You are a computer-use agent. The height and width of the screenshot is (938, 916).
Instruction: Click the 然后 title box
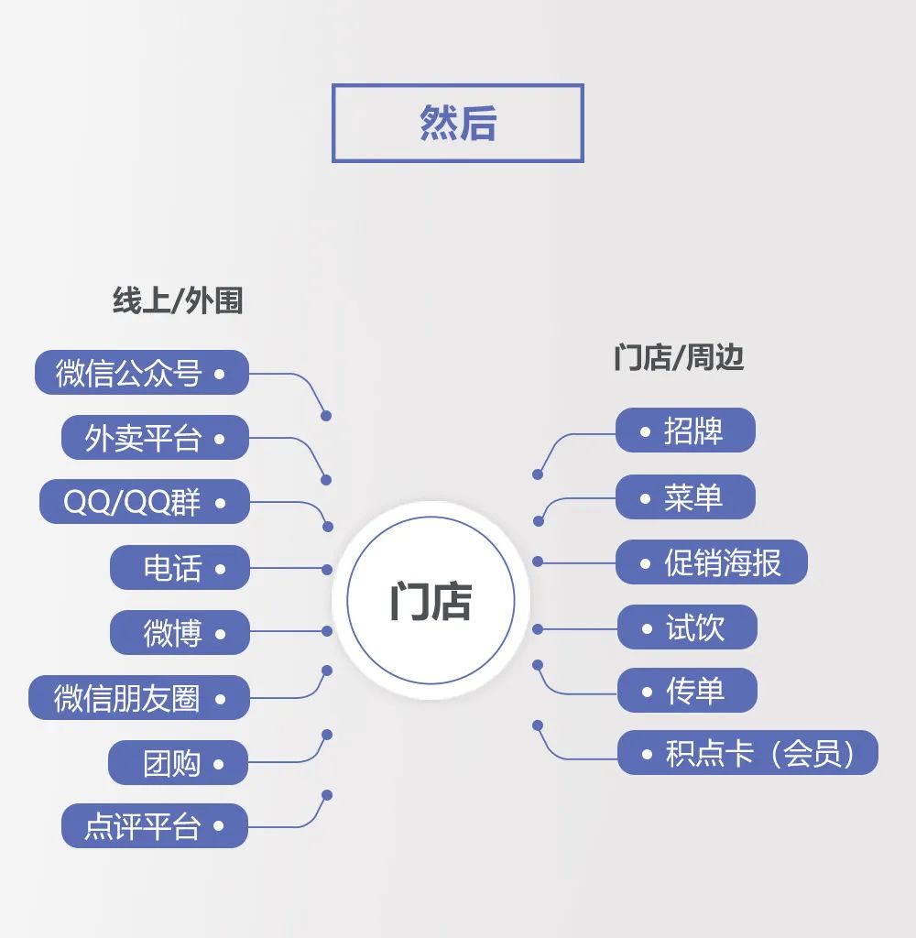pyautogui.click(x=457, y=124)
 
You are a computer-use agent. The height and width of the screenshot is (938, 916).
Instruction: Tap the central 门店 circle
pyautogui.click(x=431, y=601)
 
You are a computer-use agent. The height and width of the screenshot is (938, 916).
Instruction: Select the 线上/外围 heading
pyautogui.click(x=178, y=300)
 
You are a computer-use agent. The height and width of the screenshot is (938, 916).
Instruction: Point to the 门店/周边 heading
pyautogui.click(x=679, y=357)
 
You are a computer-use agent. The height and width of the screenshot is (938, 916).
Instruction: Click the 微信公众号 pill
pyautogui.click(x=142, y=373)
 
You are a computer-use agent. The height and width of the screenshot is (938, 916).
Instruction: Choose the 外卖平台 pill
pyautogui.click(x=155, y=438)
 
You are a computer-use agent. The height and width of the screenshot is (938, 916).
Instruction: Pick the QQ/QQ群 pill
pyautogui.click(x=144, y=502)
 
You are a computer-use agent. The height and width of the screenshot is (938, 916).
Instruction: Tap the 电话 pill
pyautogui.click(x=180, y=568)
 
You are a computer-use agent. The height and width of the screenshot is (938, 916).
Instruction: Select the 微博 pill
pyautogui.click(x=180, y=633)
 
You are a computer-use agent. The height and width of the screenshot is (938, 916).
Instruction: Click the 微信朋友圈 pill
pyautogui.click(x=138, y=698)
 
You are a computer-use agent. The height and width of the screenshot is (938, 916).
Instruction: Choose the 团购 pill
pyautogui.click(x=179, y=763)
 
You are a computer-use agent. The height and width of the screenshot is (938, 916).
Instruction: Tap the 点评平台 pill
pyautogui.click(x=155, y=826)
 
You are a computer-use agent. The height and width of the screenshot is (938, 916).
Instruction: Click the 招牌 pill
pyautogui.click(x=685, y=431)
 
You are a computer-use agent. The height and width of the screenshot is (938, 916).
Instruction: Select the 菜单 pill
pyautogui.click(x=685, y=497)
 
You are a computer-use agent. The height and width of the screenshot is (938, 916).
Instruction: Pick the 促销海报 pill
pyautogui.click(x=712, y=562)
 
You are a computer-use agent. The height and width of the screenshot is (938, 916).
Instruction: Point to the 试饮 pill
pyautogui.click(x=687, y=627)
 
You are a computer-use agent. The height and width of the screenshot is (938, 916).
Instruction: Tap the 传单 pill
pyautogui.click(x=687, y=691)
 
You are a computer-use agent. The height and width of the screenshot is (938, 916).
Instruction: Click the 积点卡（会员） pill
pyautogui.click(x=747, y=753)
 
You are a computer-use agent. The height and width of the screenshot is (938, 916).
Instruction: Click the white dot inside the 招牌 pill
pyautogui.click(x=645, y=431)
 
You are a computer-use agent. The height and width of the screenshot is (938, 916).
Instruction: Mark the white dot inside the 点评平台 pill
pyautogui.click(x=218, y=826)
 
